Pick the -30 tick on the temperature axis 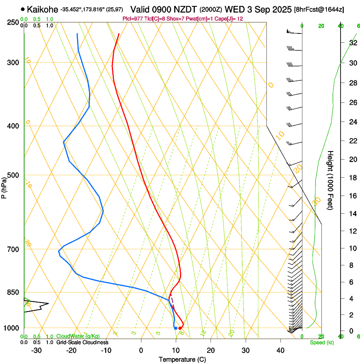pos(36,350)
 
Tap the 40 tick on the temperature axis pos(280,350)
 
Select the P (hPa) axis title pos(4,186)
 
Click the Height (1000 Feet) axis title pos(331,180)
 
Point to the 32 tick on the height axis pos(352,42)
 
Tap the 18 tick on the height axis pos(352,178)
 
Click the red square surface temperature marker pos(180,328)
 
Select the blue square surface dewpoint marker pos(175,328)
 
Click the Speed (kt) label pos(321,342)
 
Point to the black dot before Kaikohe pos(22,9)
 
